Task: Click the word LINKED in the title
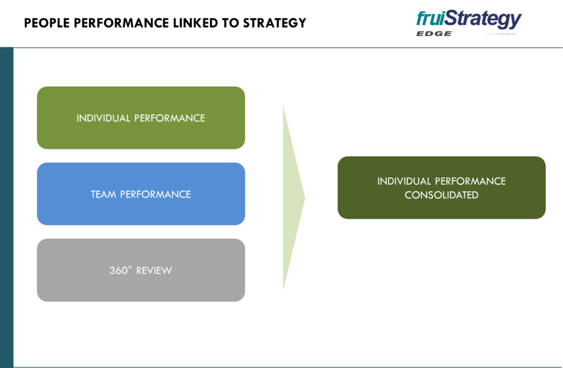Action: point(201,23)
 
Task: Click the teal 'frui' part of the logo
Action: point(430,19)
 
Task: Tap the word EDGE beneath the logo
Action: point(434,34)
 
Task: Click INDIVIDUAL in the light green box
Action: point(103,118)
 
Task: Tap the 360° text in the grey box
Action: point(121,270)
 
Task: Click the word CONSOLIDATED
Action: point(441,195)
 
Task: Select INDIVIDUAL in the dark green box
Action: point(404,181)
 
